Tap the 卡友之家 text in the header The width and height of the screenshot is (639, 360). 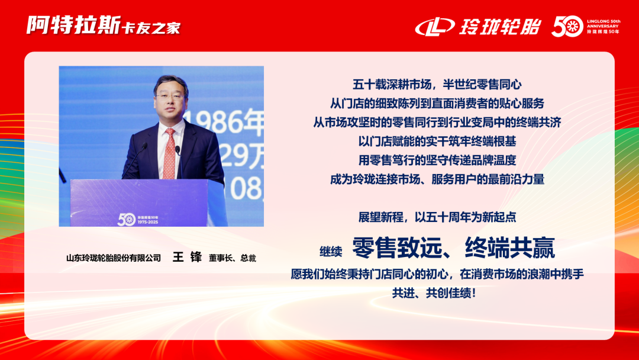point(151,28)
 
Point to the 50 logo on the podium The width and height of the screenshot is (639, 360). point(126,218)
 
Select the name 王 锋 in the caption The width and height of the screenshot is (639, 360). point(187,258)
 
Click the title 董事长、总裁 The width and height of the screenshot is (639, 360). point(232,258)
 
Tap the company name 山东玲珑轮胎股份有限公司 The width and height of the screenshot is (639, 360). point(113,258)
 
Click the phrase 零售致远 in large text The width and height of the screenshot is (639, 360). point(396,248)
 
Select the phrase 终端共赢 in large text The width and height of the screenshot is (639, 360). point(510,248)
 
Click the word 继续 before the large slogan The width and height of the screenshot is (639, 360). point(331,251)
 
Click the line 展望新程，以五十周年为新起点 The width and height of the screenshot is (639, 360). point(437,217)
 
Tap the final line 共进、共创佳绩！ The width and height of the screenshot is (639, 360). point(437,293)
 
